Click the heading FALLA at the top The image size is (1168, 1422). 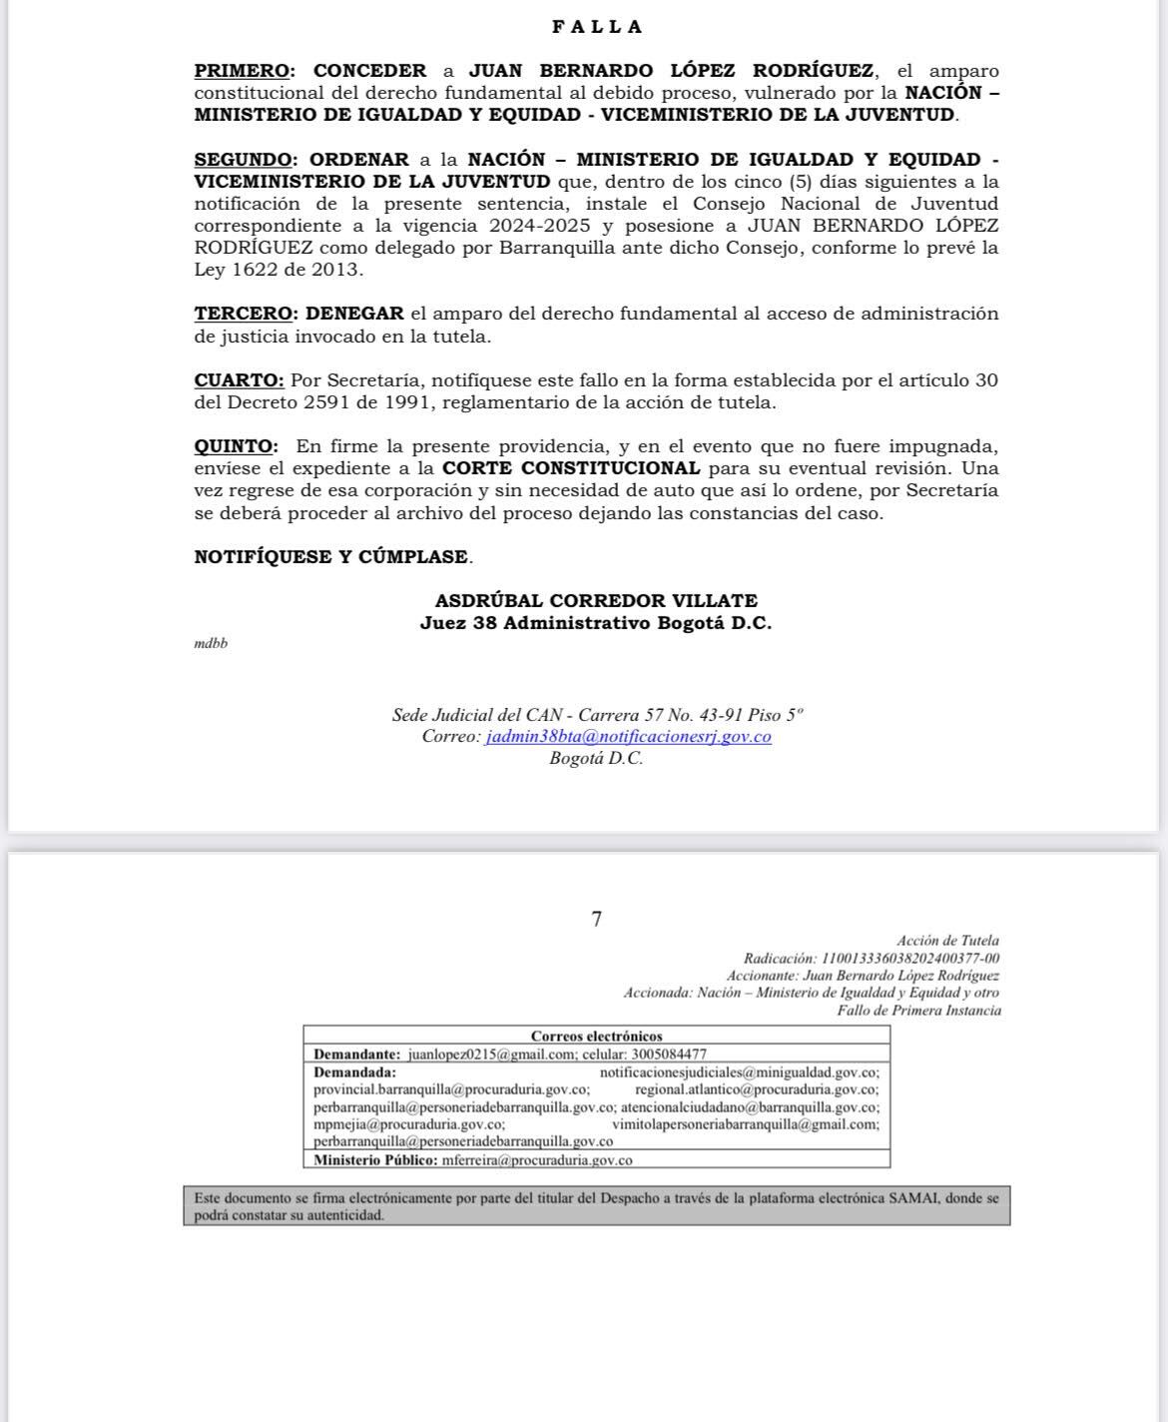[x=597, y=27]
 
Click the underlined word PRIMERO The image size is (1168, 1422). [x=243, y=71]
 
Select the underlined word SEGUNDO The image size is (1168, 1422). [x=244, y=160]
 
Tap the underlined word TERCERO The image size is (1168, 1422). [x=243, y=314]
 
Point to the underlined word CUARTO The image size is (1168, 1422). [x=239, y=380]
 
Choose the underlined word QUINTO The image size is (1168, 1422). [x=236, y=446]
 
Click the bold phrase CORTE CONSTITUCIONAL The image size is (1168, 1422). [x=571, y=468]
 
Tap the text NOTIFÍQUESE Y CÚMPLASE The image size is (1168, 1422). [x=331, y=557]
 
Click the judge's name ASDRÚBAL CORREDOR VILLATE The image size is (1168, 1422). [x=596, y=601]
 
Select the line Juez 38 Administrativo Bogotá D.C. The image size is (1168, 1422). [x=596, y=623]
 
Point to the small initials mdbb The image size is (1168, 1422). [x=211, y=644]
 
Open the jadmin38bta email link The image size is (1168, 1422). [x=628, y=737]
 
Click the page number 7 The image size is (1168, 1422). [x=597, y=920]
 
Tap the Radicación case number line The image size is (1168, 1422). [x=871, y=959]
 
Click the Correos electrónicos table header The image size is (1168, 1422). [x=596, y=1037]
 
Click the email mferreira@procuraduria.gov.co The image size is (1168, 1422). [x=537, y=1160]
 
